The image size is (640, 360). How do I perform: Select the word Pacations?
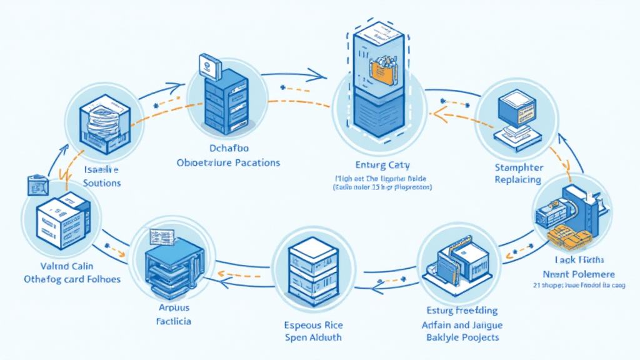(255, 162)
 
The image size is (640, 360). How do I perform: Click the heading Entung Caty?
(382, 165)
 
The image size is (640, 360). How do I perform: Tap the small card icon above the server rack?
(209, 64)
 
